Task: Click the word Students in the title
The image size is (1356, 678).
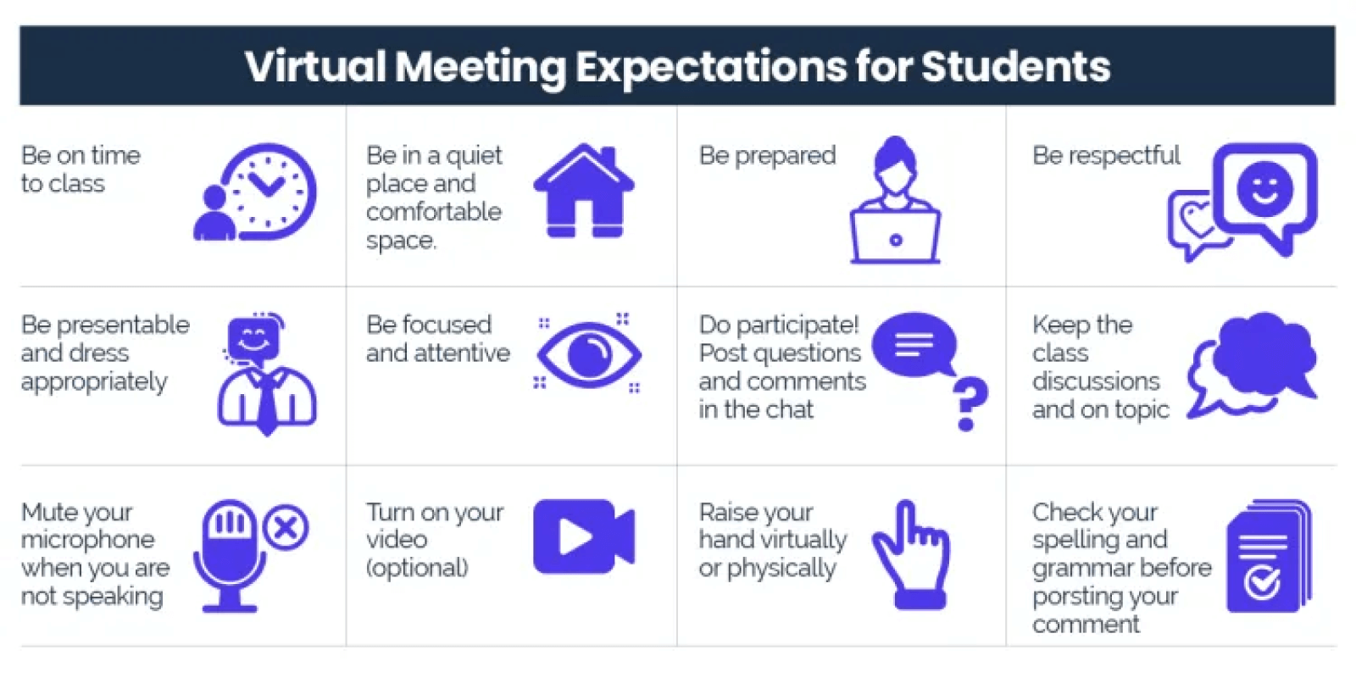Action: [x=1014, y=66]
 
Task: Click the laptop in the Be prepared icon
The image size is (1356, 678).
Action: [x=895, y=237]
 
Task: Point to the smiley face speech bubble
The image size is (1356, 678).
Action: [x=1264, y=191]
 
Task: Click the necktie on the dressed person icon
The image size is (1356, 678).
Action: [x=267, y=403]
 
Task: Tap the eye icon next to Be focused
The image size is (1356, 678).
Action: [x=588, y=353]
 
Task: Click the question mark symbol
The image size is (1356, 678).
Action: [x=970, y=403]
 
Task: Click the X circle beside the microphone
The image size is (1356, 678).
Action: [x=286, y=528]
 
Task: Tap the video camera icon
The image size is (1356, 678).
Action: [x=583, y=536]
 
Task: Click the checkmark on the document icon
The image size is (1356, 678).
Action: [x=1262, y=582]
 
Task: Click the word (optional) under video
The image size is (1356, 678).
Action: [x=416, y=568]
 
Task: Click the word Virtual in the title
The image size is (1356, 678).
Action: [x=315, y=66]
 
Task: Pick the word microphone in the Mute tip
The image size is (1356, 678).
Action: [x=87, y=540]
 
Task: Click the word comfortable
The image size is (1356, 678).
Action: [x=433, y=212]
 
